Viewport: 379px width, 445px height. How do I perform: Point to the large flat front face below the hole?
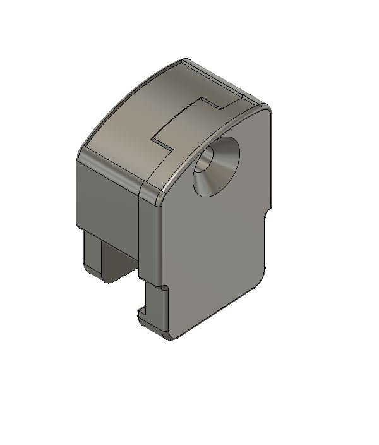[x=215, y=253]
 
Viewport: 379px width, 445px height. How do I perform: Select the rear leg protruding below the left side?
[x=93, y=253]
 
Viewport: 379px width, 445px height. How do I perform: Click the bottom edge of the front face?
[x=215, y=316]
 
